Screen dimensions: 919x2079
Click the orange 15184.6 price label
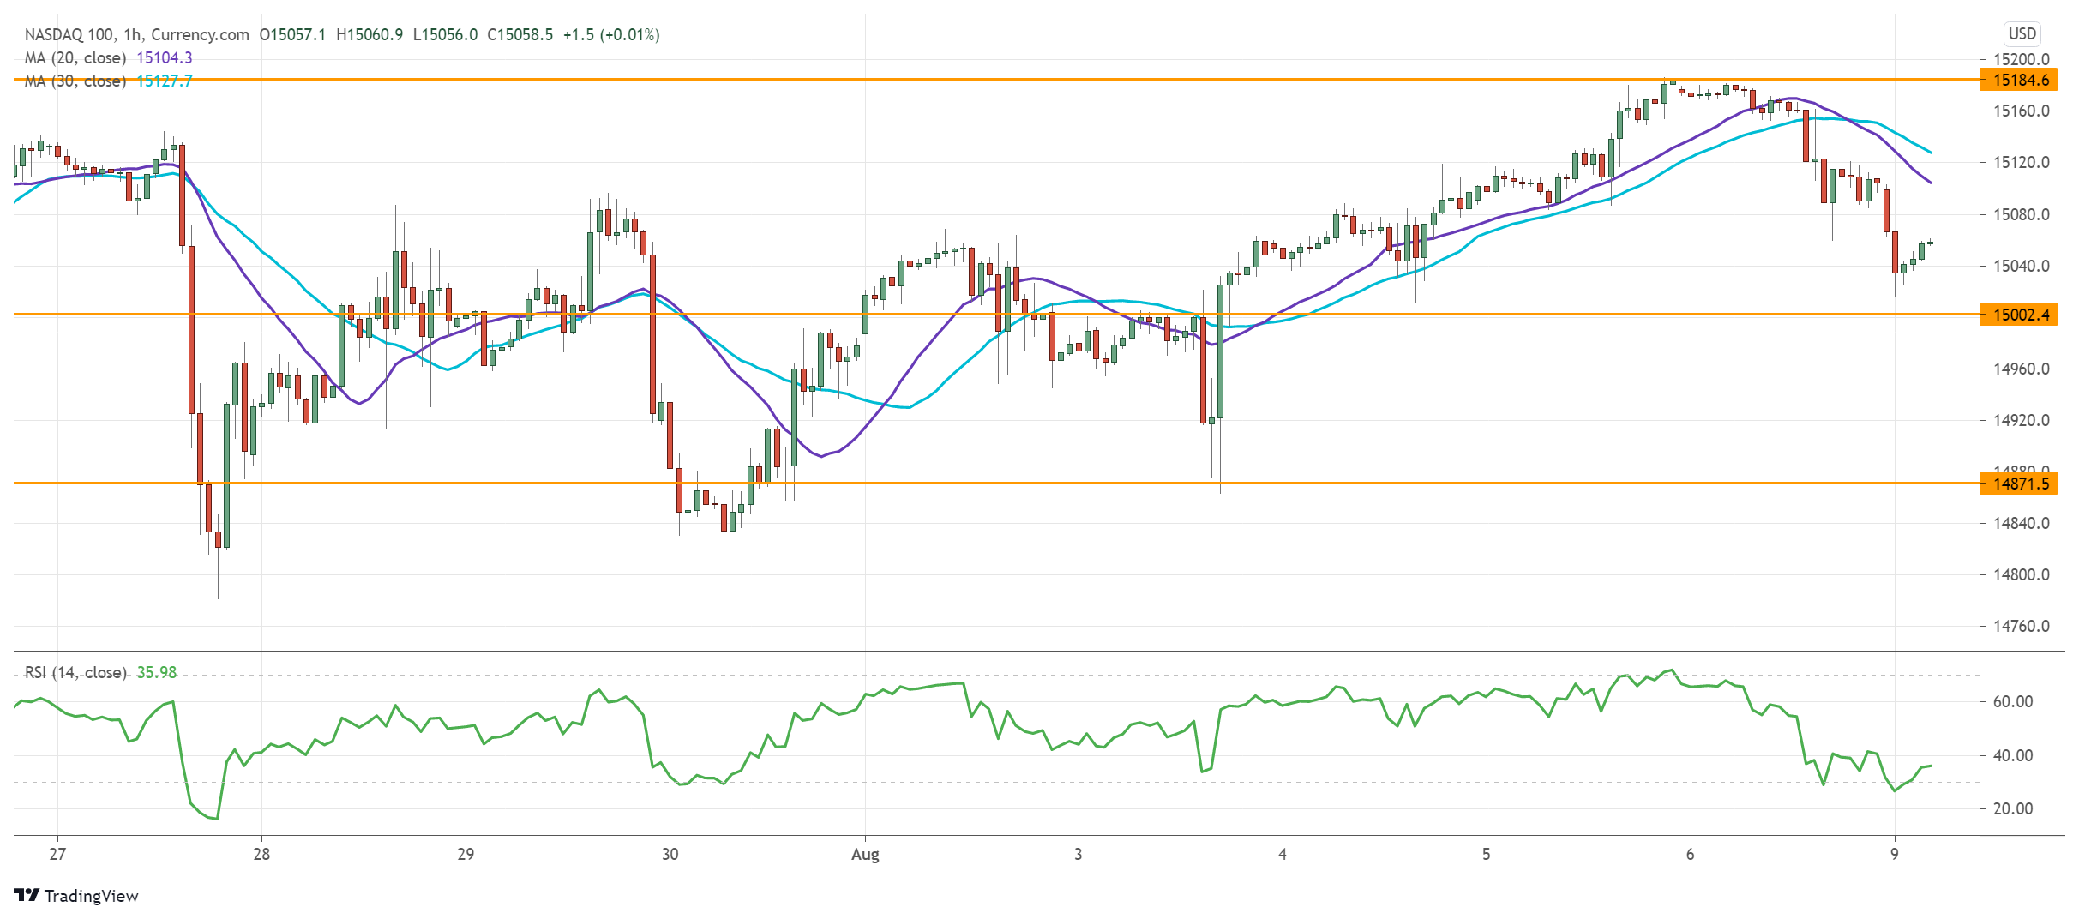pos(2021,80)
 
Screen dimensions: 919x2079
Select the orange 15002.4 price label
pos(2021,315)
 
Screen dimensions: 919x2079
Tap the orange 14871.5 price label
pos(2021,484)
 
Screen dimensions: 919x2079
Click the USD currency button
pos(2022,34)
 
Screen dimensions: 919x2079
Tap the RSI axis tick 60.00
pos(2012,701)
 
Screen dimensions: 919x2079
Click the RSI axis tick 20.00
pos(2012,808)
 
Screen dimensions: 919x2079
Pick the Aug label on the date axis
pos(865,854)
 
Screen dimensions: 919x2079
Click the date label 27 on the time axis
pos(57,854)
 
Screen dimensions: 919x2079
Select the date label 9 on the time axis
pos(1895,854)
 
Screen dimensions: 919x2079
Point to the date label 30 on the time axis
pos(670,854)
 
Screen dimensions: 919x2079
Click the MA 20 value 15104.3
pos(165,57)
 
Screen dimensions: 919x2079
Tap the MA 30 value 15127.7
pos(165,81)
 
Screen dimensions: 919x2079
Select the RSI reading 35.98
pos(157,672)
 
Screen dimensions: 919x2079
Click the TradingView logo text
pos(90,896)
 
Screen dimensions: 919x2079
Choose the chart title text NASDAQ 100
pos(69,34)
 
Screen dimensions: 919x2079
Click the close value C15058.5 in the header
pos(520,34)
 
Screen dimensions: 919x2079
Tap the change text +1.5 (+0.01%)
pos(611,34)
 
